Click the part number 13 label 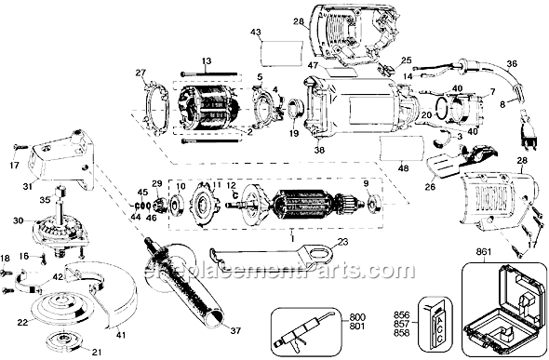(x=206, y=60)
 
